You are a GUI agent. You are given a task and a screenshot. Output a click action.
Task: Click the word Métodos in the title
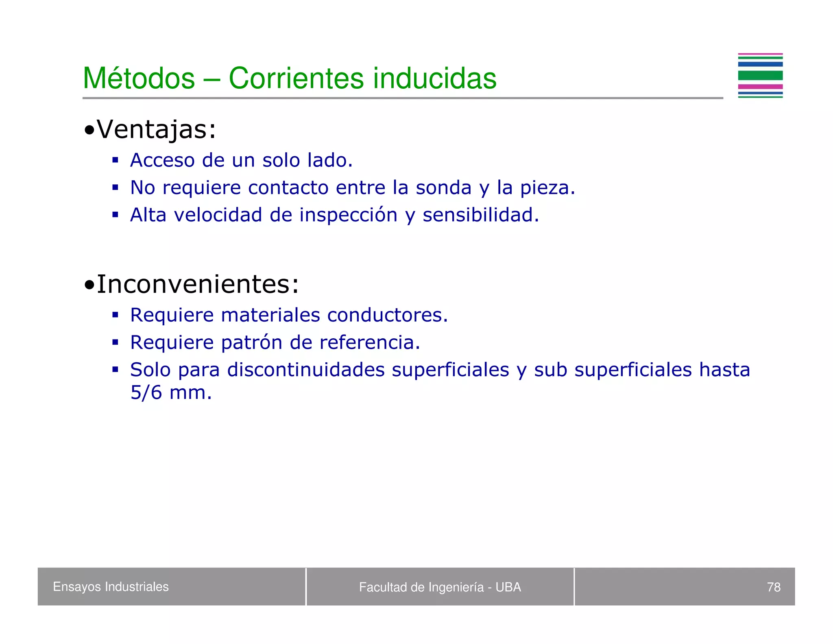point(139,78)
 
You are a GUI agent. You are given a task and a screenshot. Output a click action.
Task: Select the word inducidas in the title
point(434,78)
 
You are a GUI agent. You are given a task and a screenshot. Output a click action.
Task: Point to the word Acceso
point(162,160)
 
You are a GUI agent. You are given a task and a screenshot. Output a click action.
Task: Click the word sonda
point(443,188)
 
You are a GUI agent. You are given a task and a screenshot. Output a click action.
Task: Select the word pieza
point(547,188)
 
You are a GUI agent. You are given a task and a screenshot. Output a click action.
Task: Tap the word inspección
point(348,215)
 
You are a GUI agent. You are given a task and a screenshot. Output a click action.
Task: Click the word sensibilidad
point(480,215)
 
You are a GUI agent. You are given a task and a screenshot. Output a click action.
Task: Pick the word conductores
point(387,315)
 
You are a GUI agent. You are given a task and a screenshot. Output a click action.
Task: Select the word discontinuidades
point(305,370)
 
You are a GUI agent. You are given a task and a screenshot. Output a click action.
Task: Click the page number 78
point(773,587)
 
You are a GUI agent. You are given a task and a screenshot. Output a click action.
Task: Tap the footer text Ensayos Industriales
point(111,587)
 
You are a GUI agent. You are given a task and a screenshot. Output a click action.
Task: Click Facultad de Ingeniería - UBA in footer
point(440,587)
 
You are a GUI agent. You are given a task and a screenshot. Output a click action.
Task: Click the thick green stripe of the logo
point(760,75)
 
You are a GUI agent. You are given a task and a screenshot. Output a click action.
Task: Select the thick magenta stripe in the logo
point(760,86)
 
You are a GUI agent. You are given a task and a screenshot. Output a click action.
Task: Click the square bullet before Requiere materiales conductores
point(116,315)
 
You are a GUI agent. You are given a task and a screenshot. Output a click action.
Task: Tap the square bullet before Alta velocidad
point(116,215)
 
